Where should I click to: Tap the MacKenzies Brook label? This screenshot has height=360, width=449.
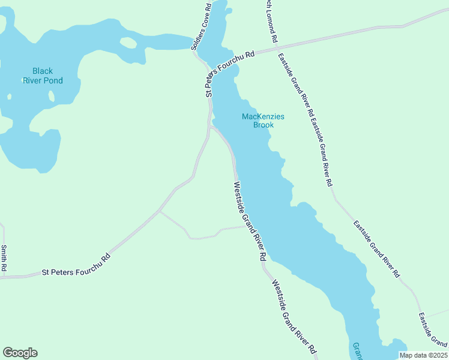(x=263, y=121)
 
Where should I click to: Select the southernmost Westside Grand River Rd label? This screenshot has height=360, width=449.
(x=294, y=317)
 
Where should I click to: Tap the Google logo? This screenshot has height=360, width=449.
(x=20, y=353)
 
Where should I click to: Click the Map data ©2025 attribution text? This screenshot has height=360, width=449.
(x=423, y=355)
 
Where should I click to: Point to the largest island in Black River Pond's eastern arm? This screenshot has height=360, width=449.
(x=128, y=43)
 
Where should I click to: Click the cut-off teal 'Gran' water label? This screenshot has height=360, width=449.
(x=357, y=351)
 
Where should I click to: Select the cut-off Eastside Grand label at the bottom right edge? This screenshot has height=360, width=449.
(x=432, y=331)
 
